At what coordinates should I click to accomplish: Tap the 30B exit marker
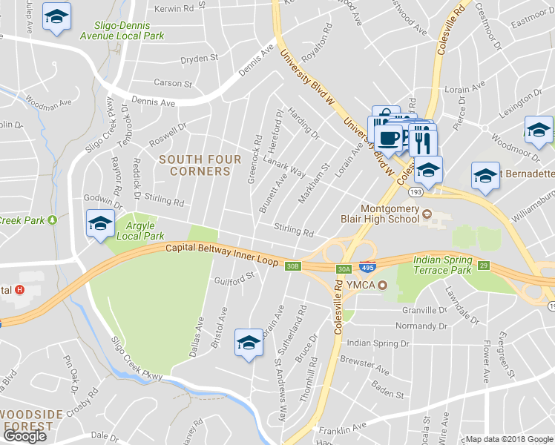tap(293, 266)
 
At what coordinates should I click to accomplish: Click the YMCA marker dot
tap(382, 286)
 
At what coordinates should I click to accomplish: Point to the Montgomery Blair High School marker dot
tap(427, 216)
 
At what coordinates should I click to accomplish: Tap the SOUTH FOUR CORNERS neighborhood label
tap(200, 165)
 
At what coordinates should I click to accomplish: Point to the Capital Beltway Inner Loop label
tap(222, 256)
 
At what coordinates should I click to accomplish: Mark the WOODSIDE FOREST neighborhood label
tap(27, 420)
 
